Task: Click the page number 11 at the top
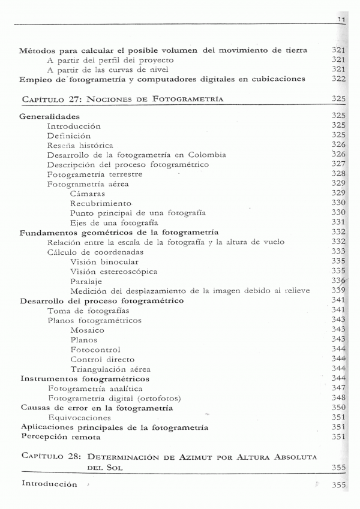pos(341,20)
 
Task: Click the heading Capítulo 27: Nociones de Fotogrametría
pos(122,98)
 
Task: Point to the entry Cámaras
pos(87,194)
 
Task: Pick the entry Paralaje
pos(86,281)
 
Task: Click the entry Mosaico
pos(87,330)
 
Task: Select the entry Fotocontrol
pos(95,349)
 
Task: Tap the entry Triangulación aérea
pos(110,369)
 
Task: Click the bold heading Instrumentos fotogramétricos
pos(85,379)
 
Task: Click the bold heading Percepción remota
pos(61,437)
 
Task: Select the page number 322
pos(339,79)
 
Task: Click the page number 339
pos(339,291)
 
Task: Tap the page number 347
pos(339,388)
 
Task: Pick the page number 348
pos(339,398)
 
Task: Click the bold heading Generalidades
pos(50,116)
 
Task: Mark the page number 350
pos(339,408)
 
